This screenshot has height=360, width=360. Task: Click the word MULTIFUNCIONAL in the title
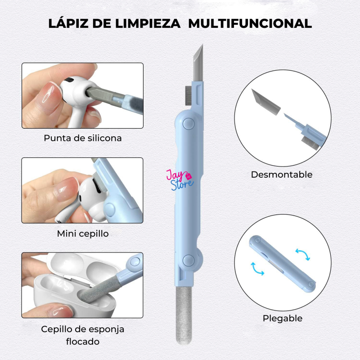click(x=250, y=23)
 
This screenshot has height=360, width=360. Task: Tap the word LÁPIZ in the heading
click(x=68, y=23)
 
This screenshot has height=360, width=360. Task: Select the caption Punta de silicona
click(x=83, y=138)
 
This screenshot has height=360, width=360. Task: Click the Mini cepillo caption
click(x=83, y=234)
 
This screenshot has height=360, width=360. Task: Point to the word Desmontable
click(x=282, y=175)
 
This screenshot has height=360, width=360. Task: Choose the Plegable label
click(x=283, y=319)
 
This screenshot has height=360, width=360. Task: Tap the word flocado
click(x=83, y=342)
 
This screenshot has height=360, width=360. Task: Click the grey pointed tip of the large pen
click(x=198, y=63)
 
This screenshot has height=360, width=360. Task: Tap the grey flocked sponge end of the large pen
click(x=184, y=316)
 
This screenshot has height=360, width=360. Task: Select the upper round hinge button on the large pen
click(x=189, y=124)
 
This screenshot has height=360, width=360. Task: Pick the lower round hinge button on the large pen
click(x=189, y=261)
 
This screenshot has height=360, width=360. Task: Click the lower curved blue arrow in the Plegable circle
click(x=257, y=269)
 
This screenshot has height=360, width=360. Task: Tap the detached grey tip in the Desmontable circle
click(x=266, y=102)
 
